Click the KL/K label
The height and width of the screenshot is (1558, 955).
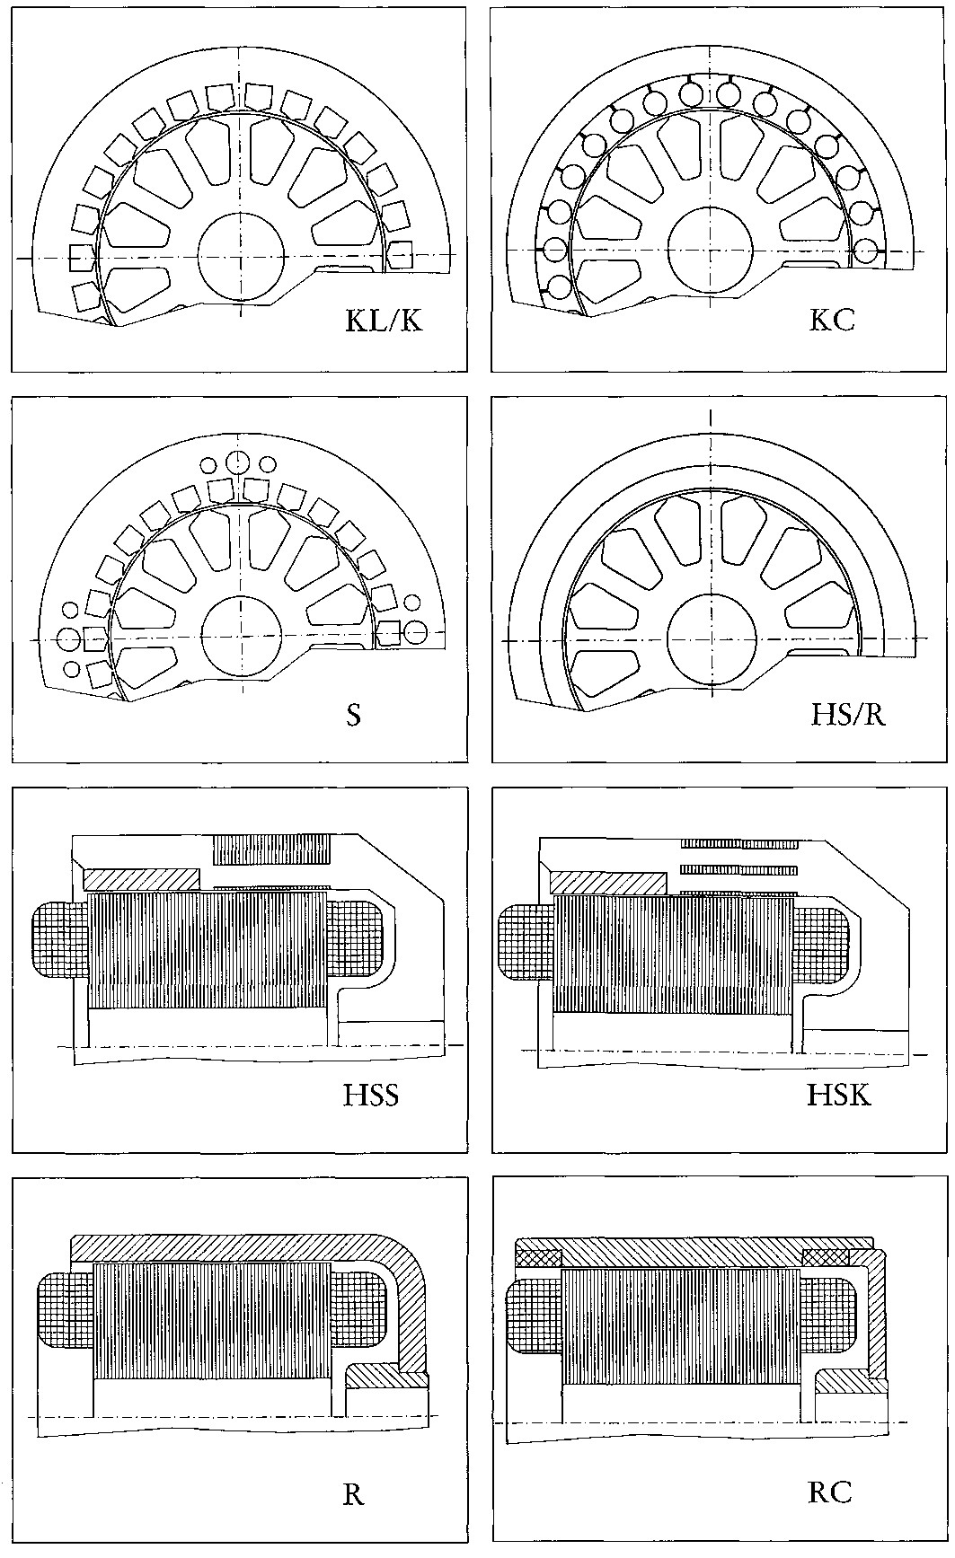pos(384,321)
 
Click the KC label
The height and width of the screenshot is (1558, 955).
pos(831,321)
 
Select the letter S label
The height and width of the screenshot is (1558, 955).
pos(354,717)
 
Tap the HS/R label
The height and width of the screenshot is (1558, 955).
pos(848,716)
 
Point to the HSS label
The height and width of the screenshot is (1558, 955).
pos(371,1096)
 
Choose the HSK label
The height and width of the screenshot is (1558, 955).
pos(839,1096)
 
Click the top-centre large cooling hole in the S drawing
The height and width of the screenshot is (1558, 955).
pos(238,462)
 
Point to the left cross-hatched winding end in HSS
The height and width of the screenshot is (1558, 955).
pos(61,942)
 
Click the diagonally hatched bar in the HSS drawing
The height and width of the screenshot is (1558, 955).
pos(141,879)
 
